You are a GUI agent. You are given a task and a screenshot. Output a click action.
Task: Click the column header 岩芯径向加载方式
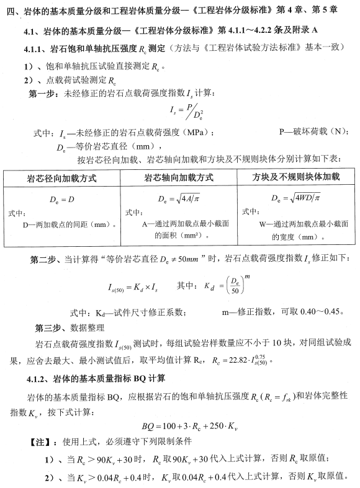62,177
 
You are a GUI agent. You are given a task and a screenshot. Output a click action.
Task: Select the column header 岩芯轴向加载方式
179,177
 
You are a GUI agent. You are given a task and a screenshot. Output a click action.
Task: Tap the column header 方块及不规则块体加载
296,177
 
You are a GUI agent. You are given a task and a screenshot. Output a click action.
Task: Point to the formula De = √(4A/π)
179,198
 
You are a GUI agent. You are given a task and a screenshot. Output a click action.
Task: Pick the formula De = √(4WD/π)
295,198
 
